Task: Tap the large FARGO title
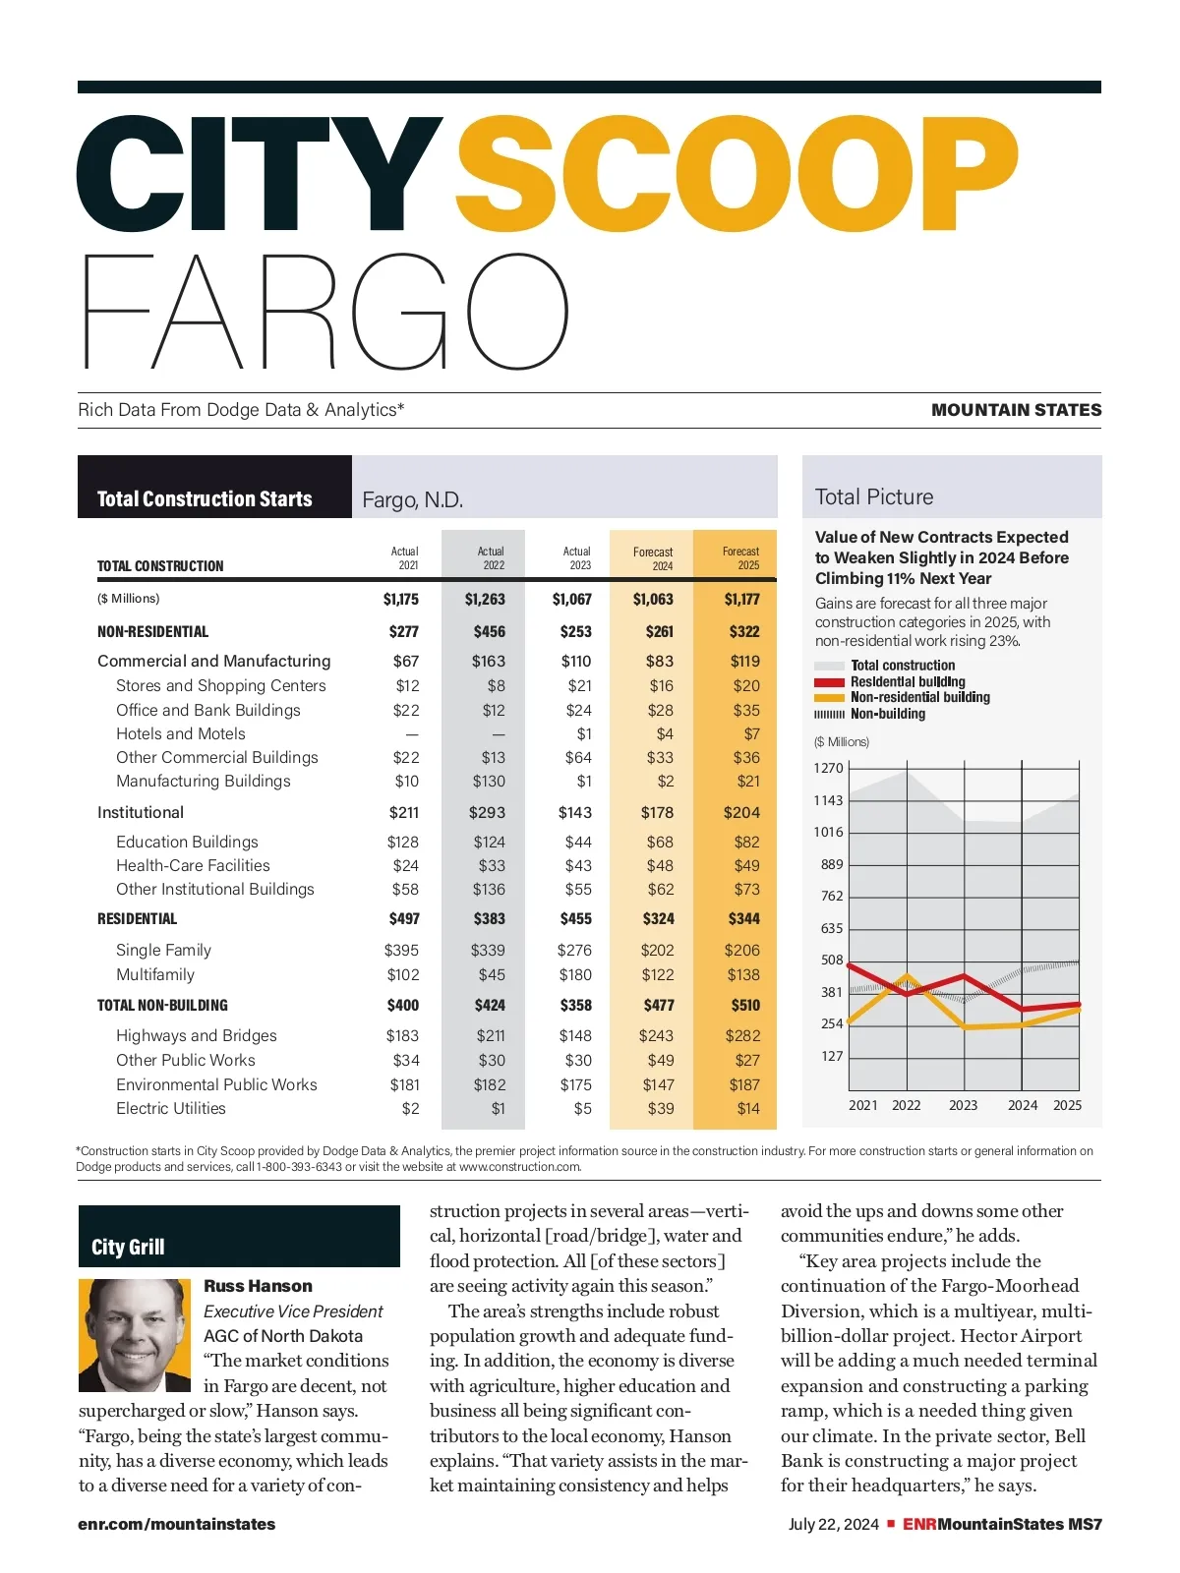coord(324,312)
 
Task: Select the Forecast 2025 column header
coord(740,558)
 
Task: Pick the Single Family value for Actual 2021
coord(401,951)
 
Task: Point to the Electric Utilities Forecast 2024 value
coord(661,1109)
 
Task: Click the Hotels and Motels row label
coord(181,734)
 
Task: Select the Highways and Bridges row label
coord(197,1036)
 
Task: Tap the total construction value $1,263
coord(485,600)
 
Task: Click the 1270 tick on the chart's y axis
coord(828,769)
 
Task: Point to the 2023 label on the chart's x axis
coord(963,1106)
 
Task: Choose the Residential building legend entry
coord(908,682)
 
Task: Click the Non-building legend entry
coord(888,715)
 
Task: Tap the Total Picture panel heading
coord(874,497)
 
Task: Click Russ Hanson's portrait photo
coord(135,1335)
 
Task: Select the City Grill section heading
coord(128,1248)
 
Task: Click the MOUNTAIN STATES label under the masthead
coord(1016,411)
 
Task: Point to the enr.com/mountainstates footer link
coord(177,1525)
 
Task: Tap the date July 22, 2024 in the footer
coord(834,1525)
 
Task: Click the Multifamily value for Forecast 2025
coord(743,975)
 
